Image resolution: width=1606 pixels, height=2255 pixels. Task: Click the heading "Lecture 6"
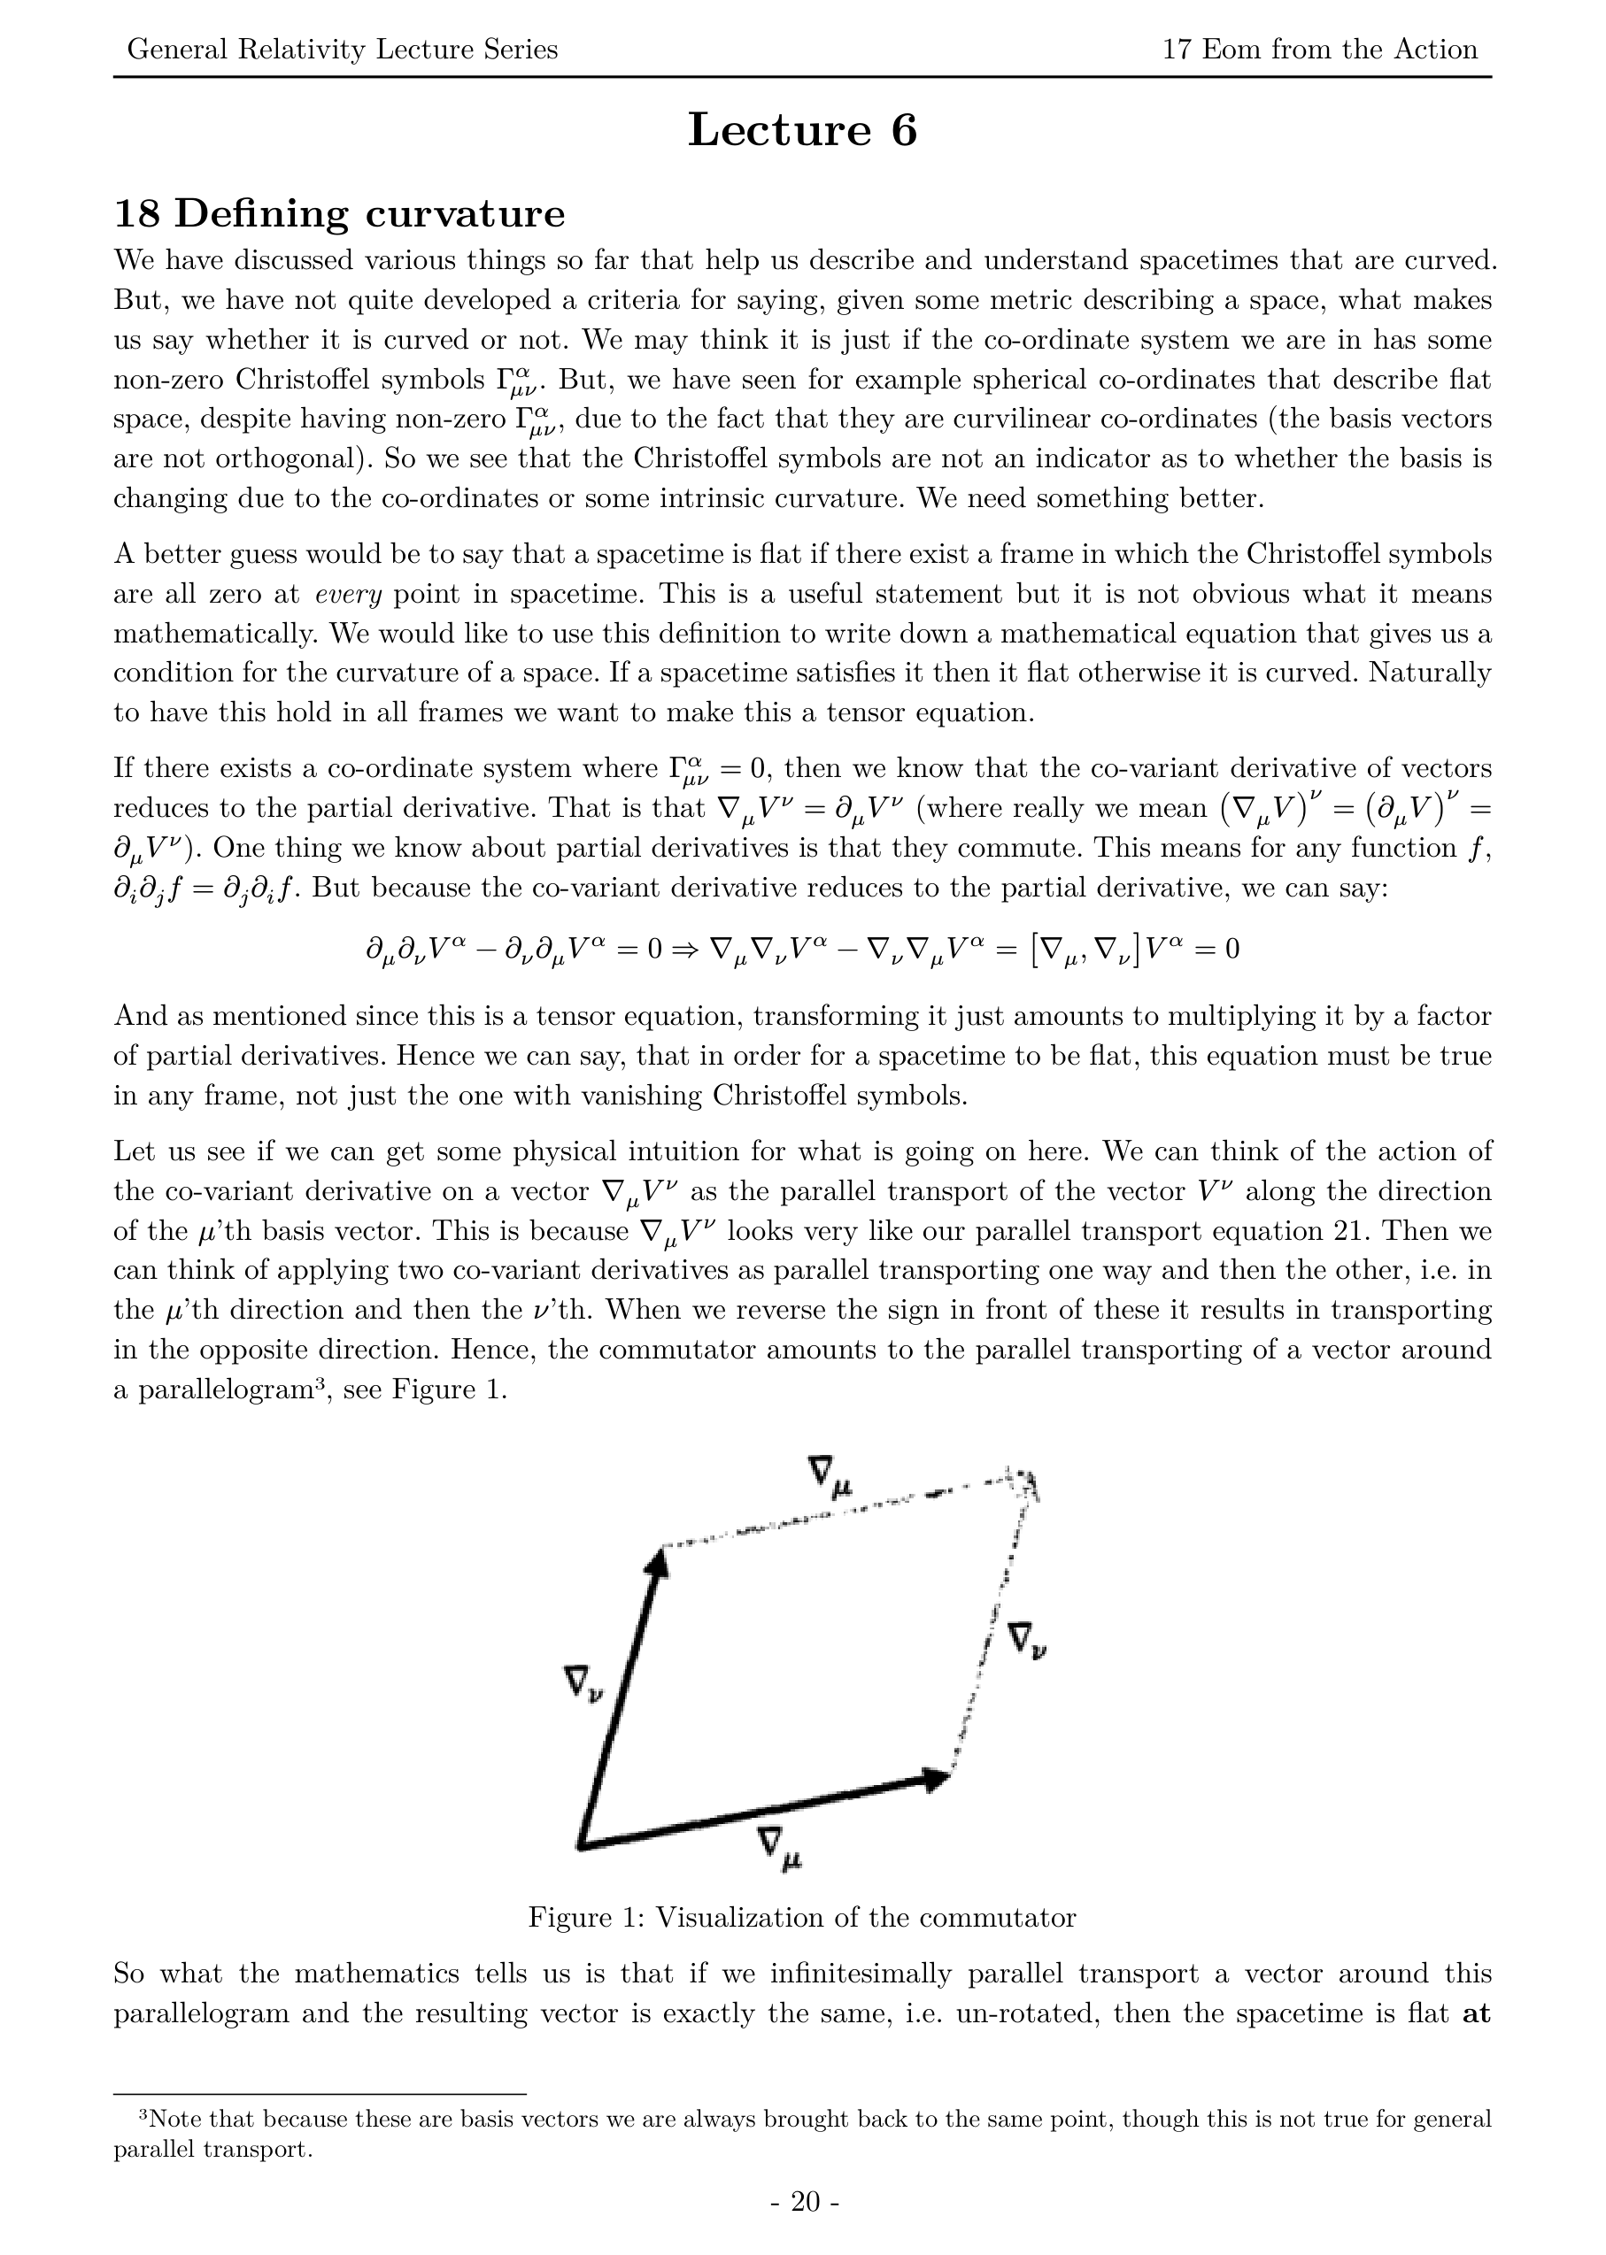tap(802, 130)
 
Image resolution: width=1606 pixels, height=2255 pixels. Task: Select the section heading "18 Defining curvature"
tap(339, 213)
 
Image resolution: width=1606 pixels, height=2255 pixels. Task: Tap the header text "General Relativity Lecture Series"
tap(342, 50)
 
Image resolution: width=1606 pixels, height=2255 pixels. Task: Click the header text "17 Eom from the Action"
tap(1319, 50)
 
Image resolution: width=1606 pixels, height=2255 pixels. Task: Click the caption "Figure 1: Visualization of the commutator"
tap(802, 1918)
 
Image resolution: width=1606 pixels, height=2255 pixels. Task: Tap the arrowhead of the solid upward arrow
tap(657, 1561)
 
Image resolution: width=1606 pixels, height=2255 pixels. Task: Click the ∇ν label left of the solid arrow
tap(583, 1682)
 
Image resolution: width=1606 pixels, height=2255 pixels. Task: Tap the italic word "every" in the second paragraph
tap(348, 594)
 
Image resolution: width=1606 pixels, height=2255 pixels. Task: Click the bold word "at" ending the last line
tap(1477, 2013)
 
